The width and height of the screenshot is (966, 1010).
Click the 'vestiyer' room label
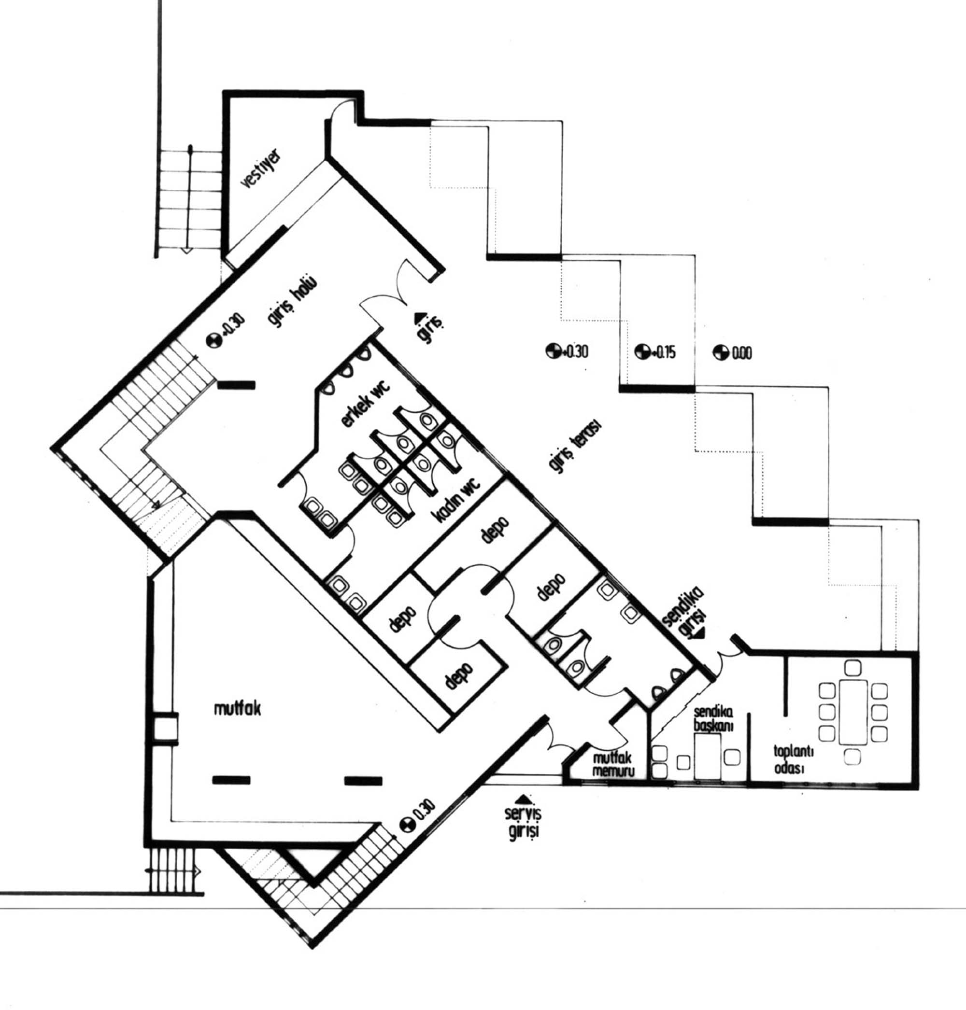point(261,168)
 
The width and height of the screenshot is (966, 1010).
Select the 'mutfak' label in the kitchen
point(237,709)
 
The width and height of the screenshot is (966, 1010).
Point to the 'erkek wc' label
point(366,405)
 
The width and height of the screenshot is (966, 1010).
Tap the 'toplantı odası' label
point(793,759)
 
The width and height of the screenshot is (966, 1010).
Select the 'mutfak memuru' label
point(613,765)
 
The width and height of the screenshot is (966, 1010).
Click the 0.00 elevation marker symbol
point(719,352)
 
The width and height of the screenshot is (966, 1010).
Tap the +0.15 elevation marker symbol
point(641,352)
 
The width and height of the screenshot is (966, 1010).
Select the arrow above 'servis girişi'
point(524,799)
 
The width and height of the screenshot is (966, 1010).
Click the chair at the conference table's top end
point(852,668)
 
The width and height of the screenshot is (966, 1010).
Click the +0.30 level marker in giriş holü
point(213,340)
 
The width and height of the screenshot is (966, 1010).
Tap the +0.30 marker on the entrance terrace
point(553,351)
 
